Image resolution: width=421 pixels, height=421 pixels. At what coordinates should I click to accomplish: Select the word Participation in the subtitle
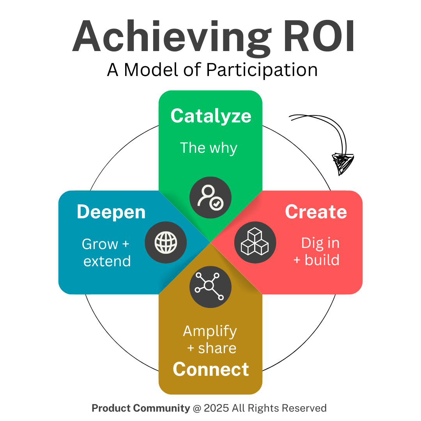[262, 70]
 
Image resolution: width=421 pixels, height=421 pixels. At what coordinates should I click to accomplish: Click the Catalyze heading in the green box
[210, 116]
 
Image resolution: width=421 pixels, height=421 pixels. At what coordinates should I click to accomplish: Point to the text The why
[209, 148]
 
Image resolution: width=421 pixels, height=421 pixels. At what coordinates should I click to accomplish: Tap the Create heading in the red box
[316, 212]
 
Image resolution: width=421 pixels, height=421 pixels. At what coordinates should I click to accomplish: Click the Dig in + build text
[317, 251]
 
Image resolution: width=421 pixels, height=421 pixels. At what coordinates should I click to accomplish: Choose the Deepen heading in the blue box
[111, 212]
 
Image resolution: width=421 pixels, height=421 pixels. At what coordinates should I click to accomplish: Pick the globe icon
[166, 242]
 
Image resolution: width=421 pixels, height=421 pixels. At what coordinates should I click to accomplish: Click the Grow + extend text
[106, 253]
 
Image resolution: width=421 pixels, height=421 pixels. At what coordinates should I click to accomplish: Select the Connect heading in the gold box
[210, 369]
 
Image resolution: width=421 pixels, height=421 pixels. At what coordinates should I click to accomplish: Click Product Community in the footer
[141, 408]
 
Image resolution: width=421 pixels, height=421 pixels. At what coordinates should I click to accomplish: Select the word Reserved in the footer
[304, 408]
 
